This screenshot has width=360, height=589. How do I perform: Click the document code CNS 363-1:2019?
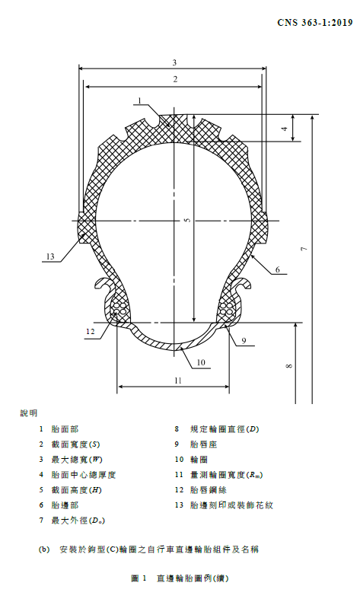315,23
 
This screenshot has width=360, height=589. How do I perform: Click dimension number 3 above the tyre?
174,62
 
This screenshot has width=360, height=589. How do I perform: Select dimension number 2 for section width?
175,79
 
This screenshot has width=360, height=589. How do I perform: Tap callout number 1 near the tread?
139,100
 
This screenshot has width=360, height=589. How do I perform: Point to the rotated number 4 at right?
285,129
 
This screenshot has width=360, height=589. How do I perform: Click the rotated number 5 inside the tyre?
188,220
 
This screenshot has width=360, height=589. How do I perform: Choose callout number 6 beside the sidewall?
278,269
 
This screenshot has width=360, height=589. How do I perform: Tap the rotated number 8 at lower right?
289,366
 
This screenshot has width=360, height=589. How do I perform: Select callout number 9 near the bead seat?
244,341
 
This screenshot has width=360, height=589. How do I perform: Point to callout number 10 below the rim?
201,362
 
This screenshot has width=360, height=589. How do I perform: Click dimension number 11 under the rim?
178,380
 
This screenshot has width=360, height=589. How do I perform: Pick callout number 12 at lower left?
90,331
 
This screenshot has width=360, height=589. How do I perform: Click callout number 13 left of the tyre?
50,256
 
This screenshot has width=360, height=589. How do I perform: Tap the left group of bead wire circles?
120,309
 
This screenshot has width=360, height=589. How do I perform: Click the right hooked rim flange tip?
248,287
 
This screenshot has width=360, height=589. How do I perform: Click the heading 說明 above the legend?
29,413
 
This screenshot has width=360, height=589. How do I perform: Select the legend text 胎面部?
65,429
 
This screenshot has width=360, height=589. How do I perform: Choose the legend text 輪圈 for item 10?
199,460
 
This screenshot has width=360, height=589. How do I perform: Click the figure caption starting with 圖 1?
180,578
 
